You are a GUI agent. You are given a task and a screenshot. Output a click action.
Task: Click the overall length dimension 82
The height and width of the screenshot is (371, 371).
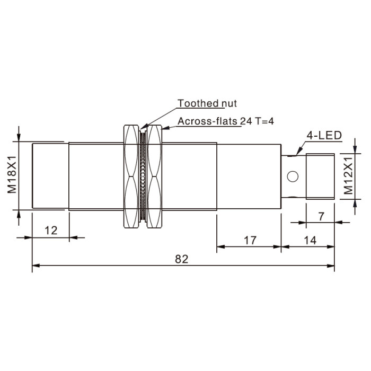pyautogui.click(x=181, y=259)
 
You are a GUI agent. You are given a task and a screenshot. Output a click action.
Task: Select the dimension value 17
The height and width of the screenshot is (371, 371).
pyautogui.click(x=250, y=241)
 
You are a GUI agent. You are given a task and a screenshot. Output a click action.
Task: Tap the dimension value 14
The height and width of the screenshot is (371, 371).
pyautogui.click(x=310, y=241)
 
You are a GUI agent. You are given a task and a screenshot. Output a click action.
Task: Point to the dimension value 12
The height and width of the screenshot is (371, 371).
pyautogui.click(x=51, y=231)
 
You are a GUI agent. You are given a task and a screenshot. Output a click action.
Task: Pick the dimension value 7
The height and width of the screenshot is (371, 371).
pyautogui.click(x=321, y=216)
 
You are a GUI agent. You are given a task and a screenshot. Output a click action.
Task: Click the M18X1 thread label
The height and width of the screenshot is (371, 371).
pyautogui.click(x=12, y=174)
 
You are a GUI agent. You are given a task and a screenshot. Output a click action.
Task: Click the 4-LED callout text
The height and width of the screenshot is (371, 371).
pyautogui.click(x=324, y=135)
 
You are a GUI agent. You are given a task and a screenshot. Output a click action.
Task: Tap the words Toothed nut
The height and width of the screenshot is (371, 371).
pyautogui.click(x=207, y=103)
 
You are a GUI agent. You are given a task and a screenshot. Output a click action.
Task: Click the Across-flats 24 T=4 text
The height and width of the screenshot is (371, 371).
pyautogui.click(x=226, y=121)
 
